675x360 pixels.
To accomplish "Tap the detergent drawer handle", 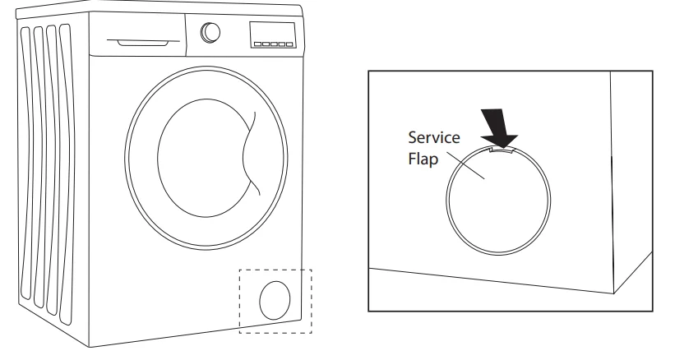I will (132, 41).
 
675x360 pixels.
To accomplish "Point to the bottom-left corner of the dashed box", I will (240, 333).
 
